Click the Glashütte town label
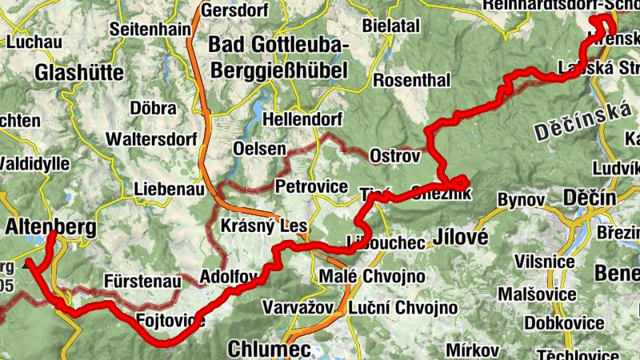click(x=79, y=73)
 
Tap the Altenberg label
click(x=50, y=227)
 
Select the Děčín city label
click(x=589, y=198)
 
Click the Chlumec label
click(x=261, y=349)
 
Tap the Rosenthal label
click(x=412, y=80)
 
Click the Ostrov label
click(x=394, y=157)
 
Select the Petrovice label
click(x=313, y=187)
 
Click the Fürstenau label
click(x=141, y=280)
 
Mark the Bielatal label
click(x=391, y=26)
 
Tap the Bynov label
click(x=520, y=198)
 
